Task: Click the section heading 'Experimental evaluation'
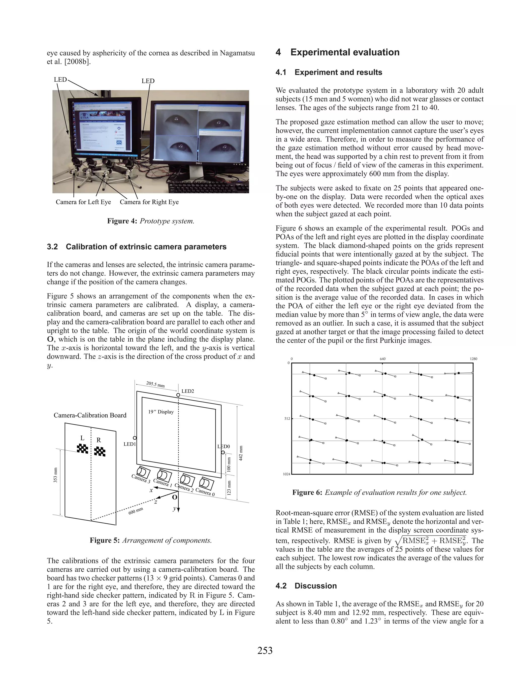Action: [345, 52]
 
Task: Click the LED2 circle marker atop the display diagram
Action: [178, 395]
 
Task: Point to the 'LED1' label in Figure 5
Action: [130, 444]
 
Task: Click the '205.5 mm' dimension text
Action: [155, 385]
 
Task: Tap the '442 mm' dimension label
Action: [240, 453]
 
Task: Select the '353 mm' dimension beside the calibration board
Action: [56, 475]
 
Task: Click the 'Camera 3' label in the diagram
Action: [141, 479]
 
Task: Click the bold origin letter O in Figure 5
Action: [175, 497]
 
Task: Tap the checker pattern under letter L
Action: [82, 448]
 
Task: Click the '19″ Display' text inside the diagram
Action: [161, 412]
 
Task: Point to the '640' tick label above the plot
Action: [382, 359]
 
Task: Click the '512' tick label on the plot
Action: [287, 419]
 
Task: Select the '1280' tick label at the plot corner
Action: [473, 359]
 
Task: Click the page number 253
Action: [265, 650]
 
